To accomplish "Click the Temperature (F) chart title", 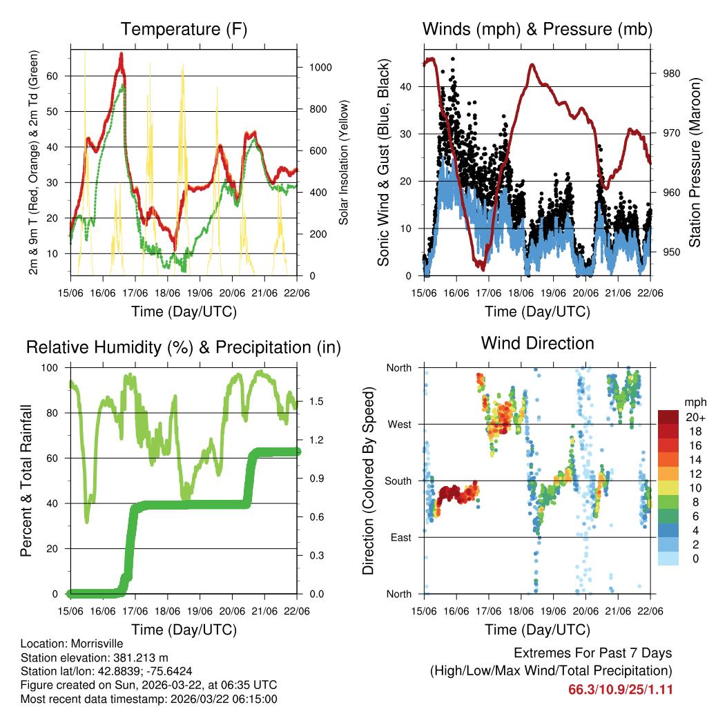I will [x=184, y=30].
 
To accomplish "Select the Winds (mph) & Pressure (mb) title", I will [x=537, y=30].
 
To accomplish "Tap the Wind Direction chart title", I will [x=537, y=343].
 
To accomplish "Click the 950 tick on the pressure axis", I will [x=672, y=252].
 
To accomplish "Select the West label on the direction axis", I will [x=398, y=425].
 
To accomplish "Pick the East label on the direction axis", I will [x=400, y=538].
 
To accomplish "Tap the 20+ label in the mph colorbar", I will [x=694, y=418].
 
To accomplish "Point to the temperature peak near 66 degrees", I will [x=122, y=54].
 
